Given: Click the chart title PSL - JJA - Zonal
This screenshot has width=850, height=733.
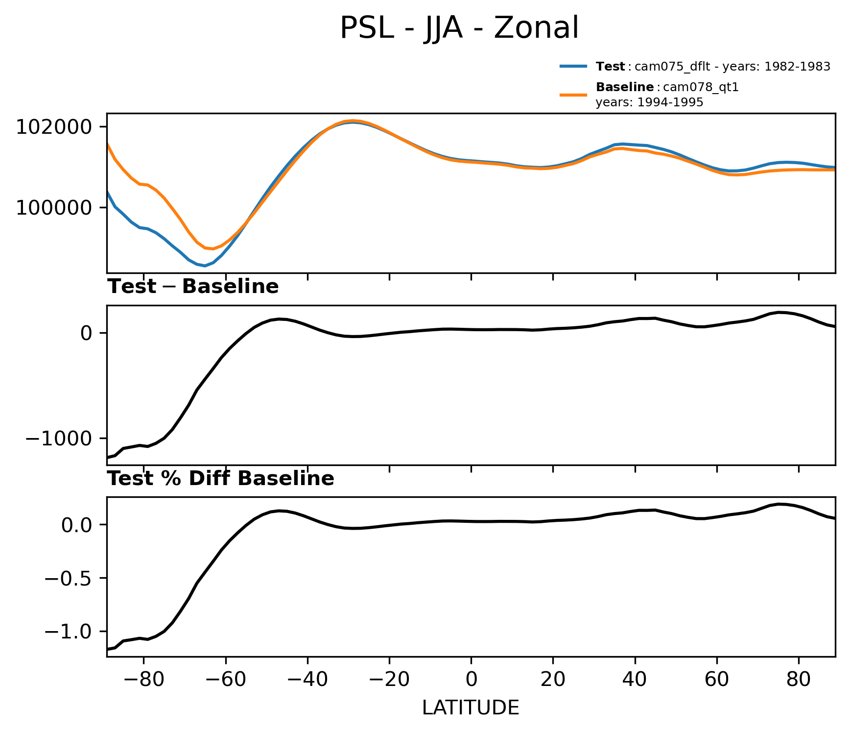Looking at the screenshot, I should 459,28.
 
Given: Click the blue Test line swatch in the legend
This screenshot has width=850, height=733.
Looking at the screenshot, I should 573,67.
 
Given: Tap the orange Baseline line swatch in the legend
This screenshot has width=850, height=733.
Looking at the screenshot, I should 573,94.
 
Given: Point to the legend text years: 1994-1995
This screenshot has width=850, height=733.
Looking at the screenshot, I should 649,102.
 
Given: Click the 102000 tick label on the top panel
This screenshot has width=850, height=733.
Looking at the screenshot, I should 54,127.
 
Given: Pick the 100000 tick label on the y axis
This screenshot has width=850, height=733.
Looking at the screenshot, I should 54,208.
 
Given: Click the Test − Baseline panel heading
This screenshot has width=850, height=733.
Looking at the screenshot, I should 193,287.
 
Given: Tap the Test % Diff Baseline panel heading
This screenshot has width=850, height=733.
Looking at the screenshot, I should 221,479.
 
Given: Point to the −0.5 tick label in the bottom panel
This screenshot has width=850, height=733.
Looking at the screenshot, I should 68,579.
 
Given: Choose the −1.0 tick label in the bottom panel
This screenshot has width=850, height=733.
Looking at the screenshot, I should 68,632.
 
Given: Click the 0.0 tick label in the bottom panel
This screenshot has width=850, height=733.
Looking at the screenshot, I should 76,525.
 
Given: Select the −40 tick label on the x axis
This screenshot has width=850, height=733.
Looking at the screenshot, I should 307,681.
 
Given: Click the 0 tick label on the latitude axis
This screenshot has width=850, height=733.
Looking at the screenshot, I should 471,681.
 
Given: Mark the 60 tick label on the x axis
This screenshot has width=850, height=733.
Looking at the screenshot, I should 717,681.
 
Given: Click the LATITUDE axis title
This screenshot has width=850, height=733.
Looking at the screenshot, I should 471,708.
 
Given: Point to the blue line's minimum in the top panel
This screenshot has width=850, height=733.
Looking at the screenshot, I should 205,266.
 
